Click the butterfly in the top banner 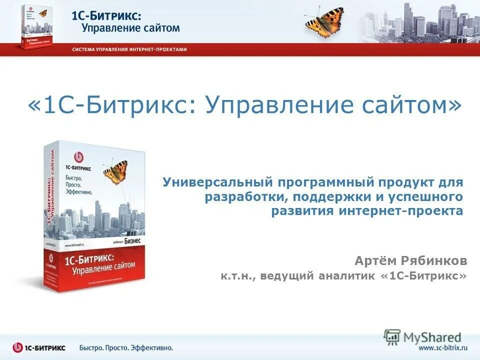(324, 21)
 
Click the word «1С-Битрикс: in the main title (113, 106)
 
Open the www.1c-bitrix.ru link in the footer (442, 347)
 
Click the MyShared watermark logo (423, 337)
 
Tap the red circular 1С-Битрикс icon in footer (18, 347)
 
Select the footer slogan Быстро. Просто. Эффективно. (126, 347)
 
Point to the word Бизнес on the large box (132, 240)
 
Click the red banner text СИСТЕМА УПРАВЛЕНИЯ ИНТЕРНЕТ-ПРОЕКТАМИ (129, 49)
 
